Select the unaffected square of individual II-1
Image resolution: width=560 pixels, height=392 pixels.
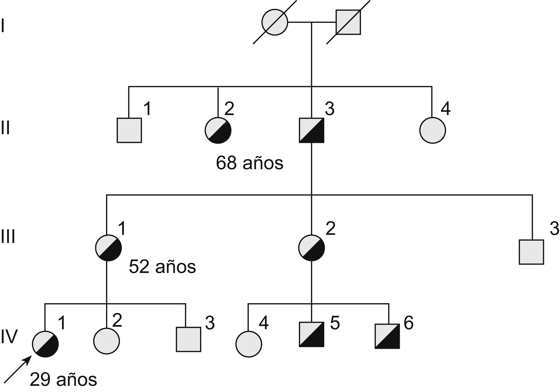tap(129, 130)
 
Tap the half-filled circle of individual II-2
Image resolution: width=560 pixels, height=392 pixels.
tap(218, 130)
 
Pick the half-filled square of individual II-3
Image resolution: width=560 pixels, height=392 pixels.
tap(312, 130)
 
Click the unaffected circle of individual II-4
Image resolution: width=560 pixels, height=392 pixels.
tap(433, 130)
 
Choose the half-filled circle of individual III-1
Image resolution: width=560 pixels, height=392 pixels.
tap(108, 248)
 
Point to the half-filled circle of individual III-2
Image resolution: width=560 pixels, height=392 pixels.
tap(312, 248)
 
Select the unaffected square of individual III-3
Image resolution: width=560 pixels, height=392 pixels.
tap(531, 252)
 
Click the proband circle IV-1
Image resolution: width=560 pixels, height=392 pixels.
tap(45, 344)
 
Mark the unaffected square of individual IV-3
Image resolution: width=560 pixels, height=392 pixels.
tap(188, 339)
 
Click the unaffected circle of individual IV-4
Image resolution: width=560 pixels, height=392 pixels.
tap(249, 344)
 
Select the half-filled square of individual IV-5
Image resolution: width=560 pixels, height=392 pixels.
tap(312, 334)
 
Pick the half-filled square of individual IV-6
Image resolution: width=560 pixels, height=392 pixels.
tap(387, 336)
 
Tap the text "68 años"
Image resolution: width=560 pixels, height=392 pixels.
tap(249, 163)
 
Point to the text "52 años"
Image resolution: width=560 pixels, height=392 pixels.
tap(162, 267)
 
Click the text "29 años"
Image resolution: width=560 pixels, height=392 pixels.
tap(63, 380)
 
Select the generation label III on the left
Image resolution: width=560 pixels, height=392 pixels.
tap(8, 237)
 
